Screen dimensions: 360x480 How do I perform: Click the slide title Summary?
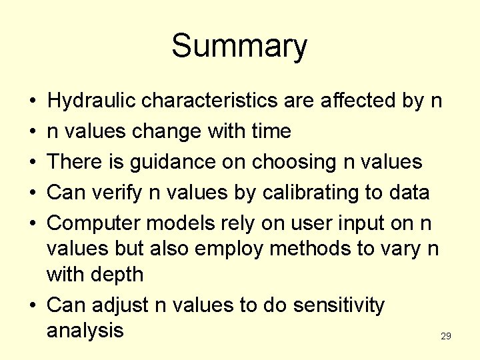[239, 47]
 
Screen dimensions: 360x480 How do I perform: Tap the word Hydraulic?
[93, 101]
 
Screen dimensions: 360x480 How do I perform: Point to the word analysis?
[85, 330]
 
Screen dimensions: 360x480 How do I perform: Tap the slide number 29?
[446, 337]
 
